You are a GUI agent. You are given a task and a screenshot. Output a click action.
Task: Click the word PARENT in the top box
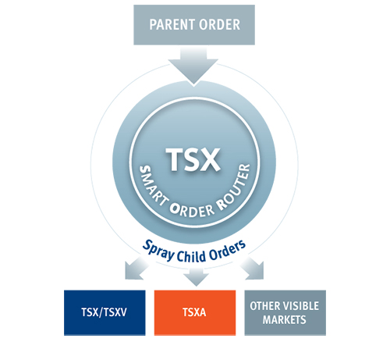click(172, 25)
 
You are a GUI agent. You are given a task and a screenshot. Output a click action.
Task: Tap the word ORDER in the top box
click(220, 25)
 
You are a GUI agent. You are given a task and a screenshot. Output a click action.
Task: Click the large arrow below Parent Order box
click(193, 66)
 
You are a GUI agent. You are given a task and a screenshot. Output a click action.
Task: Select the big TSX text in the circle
click(193, 159)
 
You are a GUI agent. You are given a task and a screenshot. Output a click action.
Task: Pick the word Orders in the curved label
click(227, 251)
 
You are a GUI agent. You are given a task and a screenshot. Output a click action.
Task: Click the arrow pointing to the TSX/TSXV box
click(136, 268)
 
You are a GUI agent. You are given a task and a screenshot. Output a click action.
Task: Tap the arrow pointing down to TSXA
click(196, 276)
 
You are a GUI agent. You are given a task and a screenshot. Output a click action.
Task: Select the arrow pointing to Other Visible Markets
click(253, 268)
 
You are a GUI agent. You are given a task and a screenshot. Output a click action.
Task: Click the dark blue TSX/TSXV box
click(105, 312)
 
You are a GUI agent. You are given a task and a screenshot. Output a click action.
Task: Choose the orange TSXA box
click(195, 312)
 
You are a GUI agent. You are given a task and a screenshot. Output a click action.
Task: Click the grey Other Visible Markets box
click(285, 312)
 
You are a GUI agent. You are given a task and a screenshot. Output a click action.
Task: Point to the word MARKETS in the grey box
click(284, 319)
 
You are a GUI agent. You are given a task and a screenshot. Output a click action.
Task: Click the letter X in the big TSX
click(209, 159)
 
